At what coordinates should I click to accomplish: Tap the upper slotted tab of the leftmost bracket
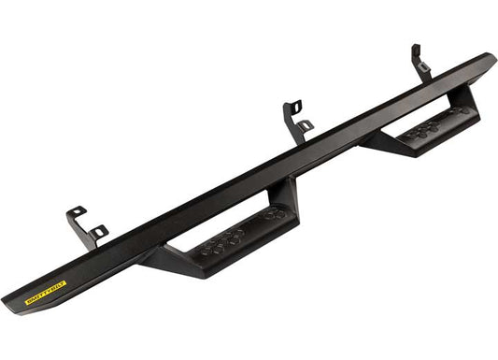76,213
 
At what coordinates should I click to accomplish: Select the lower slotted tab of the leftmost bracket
99,231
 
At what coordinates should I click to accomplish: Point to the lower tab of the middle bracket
306,124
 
